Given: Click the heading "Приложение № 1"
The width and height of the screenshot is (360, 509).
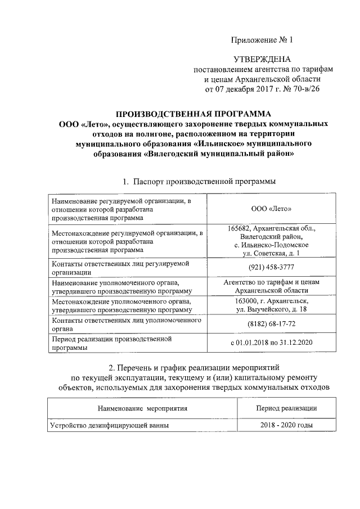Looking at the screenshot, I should coord(263,40).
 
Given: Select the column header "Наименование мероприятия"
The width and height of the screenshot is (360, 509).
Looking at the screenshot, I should coord(142,407).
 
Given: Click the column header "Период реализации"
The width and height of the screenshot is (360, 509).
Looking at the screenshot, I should coord(286,407).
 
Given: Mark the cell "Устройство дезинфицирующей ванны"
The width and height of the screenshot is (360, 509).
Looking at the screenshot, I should coord(110,425).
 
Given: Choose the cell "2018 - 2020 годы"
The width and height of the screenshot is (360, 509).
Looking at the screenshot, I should coord(286,425).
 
